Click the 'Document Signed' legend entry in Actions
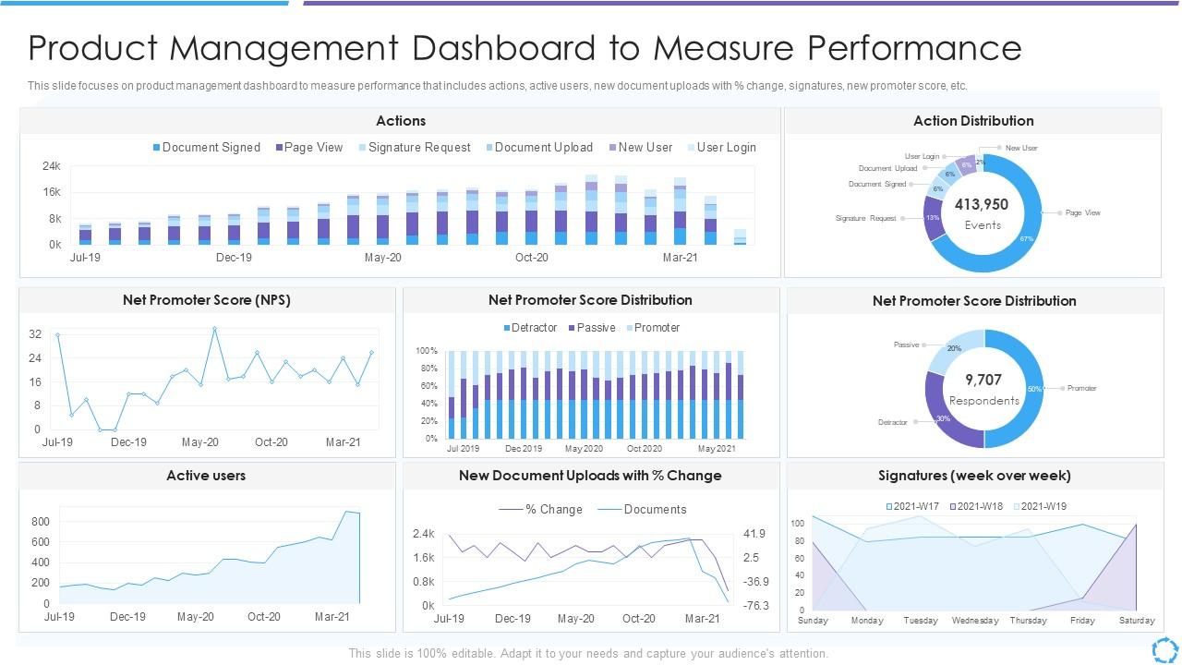[x=206, y=148]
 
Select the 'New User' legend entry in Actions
[x=640, y=148]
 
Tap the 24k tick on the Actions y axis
[x=51, y=166]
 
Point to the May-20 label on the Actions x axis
[x=382, y=258]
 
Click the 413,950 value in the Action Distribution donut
[x=982, y=205]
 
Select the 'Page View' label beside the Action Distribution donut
[x=1082, y=212]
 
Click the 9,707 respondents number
[x=983, y=380]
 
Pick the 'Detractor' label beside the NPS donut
[x=893, y=422]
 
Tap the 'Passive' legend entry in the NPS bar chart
[x=591, y=328]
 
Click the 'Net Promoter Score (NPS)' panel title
[x=207, y=300]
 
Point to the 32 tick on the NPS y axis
[x=35, y=334]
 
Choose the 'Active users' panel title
[x=206, y=476]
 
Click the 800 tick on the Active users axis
[x=40, y=522]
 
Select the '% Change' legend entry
[x=548, y=510]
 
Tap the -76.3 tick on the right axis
[x=755, y=606]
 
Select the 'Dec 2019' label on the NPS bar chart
[x=524, y=449]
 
